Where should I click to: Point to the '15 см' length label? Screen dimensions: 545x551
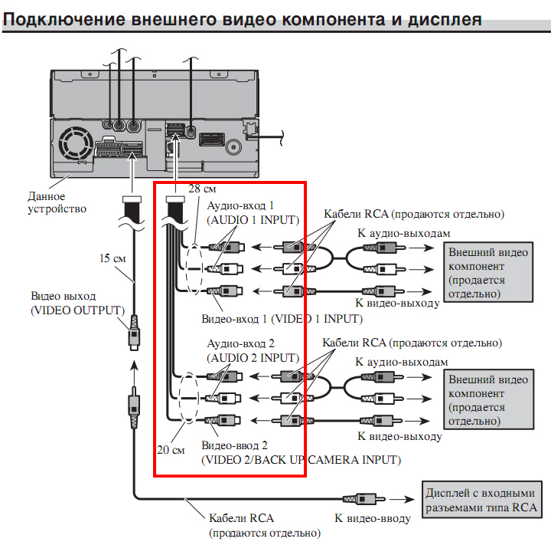click(x=112, y=258)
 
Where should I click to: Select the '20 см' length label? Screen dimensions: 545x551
click(x=171, y=450)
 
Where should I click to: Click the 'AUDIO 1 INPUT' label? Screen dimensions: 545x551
click(x=253, y=220)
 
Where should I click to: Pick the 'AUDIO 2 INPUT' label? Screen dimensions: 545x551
click(x=253, y=358)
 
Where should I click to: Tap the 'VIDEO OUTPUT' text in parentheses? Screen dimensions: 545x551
click(x=77, y=310)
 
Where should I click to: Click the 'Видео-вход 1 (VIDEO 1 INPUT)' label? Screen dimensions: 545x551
click(x=281, y=317)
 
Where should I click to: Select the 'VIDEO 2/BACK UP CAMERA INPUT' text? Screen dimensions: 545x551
click(x=300, y=460)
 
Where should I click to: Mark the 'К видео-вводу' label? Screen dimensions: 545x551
click(x=372, y=518)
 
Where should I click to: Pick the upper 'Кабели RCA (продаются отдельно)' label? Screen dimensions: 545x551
click(x=414, y=214)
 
